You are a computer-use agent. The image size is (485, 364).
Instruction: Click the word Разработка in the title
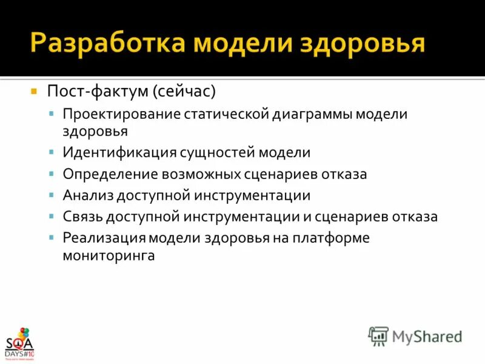tap(109, 44)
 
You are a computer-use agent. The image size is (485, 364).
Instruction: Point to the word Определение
tap(109, 174)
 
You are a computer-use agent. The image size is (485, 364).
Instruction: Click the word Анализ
tap(85, 195)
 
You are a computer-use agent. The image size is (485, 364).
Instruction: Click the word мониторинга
tap(109, 255)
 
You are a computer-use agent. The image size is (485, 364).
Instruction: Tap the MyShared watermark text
tap(427, 336)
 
